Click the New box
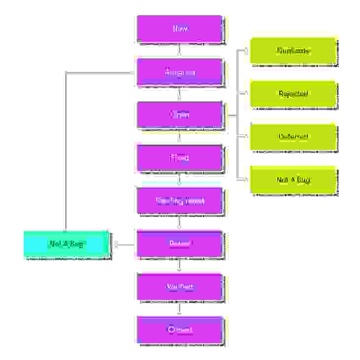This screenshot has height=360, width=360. [x=180, y=29]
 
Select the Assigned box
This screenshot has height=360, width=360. [x=180, y=72]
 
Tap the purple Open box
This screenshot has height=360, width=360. [x=180, y=115]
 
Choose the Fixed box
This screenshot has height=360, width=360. [x=180, y=158]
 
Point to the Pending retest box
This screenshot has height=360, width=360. [x=180, y=201]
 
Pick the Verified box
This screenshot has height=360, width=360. [x=180, y=287]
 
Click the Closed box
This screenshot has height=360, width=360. [x=180, y=329]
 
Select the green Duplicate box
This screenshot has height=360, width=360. [x=294, y=51]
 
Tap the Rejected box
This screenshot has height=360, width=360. [x=294, y=94]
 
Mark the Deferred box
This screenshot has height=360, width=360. [x=294, y=137]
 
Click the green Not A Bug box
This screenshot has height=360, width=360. [x=294, y=180]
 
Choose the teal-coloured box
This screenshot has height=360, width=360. [x=66, y=244]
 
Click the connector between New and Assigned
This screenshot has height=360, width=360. [x=179, y=50]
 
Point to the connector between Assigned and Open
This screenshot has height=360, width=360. [x=179, y=93]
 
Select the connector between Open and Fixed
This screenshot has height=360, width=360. [x=179, y=136]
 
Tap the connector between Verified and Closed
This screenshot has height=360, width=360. [x=179, y=308]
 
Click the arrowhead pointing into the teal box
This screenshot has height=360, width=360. [x=116, y=244]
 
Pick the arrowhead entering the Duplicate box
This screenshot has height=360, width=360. [x=247, y=50]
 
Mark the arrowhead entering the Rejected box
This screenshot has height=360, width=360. [x=247, y=93]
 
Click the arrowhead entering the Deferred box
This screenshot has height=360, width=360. [x=247, y=136]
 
